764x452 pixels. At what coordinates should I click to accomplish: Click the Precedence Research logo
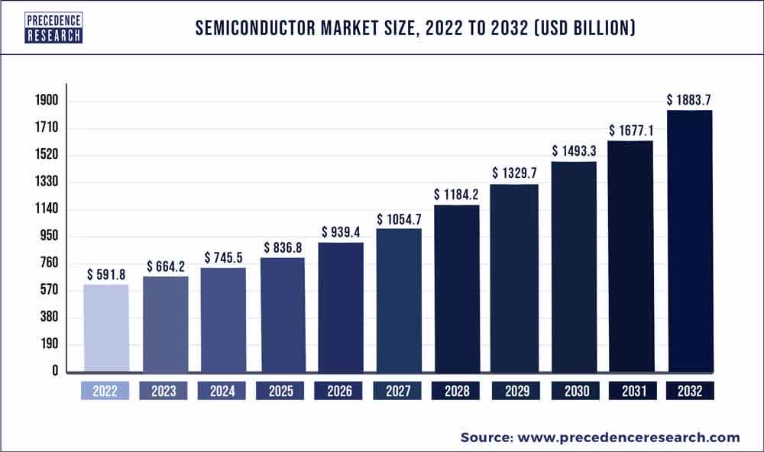53,27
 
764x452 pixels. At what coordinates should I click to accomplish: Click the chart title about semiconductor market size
414,29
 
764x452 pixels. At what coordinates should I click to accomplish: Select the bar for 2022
105,328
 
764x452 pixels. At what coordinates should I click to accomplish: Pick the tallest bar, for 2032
690,241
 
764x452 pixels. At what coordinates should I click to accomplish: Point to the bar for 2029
513,278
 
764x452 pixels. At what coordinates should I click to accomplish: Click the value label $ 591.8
106,274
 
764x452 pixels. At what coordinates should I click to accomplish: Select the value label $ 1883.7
691,100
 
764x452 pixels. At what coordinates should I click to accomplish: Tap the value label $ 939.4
340,232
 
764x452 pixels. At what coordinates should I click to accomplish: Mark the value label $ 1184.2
457,195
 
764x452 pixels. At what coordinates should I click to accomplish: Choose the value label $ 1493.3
574,150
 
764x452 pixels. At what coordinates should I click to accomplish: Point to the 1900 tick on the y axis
46,101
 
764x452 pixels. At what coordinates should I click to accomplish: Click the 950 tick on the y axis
50,236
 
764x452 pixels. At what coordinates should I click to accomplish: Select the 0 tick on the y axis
56,371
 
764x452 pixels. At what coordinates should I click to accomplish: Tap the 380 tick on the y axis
50,317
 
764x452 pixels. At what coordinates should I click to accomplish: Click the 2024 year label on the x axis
222,391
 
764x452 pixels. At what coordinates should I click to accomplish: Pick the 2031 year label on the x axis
632,391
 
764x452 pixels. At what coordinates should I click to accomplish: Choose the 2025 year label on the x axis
281,391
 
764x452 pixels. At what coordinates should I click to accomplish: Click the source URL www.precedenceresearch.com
630,437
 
